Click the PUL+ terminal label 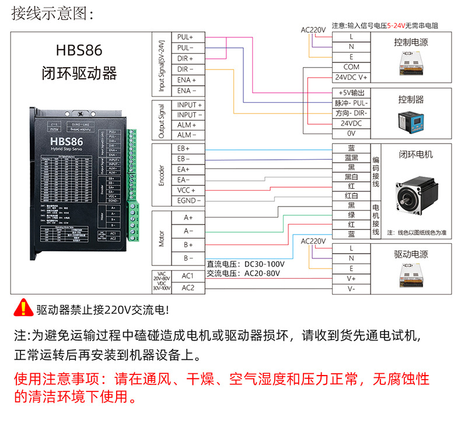[187, 37]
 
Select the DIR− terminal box [187, 69]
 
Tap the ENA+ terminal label [187, 80]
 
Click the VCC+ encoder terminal [187, 190]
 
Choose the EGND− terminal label [189, 201]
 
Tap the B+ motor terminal [188, 244]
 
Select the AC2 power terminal [188, 288]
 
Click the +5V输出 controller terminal [351, 93]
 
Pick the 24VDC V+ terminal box [351, 77]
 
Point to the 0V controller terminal [351, 133]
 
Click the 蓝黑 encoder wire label [351, 158]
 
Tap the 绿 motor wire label [351, 215]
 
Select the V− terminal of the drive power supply [351, 289]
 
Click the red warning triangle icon [24, 307]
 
